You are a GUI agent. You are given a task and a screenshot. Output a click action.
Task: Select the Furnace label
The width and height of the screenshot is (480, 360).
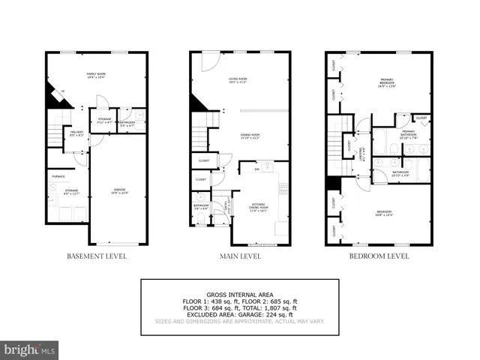tap(58, 176)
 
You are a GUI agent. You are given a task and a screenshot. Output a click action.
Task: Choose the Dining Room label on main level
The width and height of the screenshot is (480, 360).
tap(250, 136)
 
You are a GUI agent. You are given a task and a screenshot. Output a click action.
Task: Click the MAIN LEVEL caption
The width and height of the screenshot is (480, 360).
tap(240, 256)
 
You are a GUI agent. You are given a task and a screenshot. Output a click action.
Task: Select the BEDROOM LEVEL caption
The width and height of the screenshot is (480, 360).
tap(379, 256)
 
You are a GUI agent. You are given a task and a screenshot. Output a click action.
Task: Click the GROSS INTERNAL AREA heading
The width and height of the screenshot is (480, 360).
tap(239, 295)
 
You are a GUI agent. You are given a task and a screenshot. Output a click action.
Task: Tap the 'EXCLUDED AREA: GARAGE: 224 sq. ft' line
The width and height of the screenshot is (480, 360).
tap(239, 314)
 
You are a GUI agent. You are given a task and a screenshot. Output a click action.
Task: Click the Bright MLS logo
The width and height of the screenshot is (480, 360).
tap(30, 349)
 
